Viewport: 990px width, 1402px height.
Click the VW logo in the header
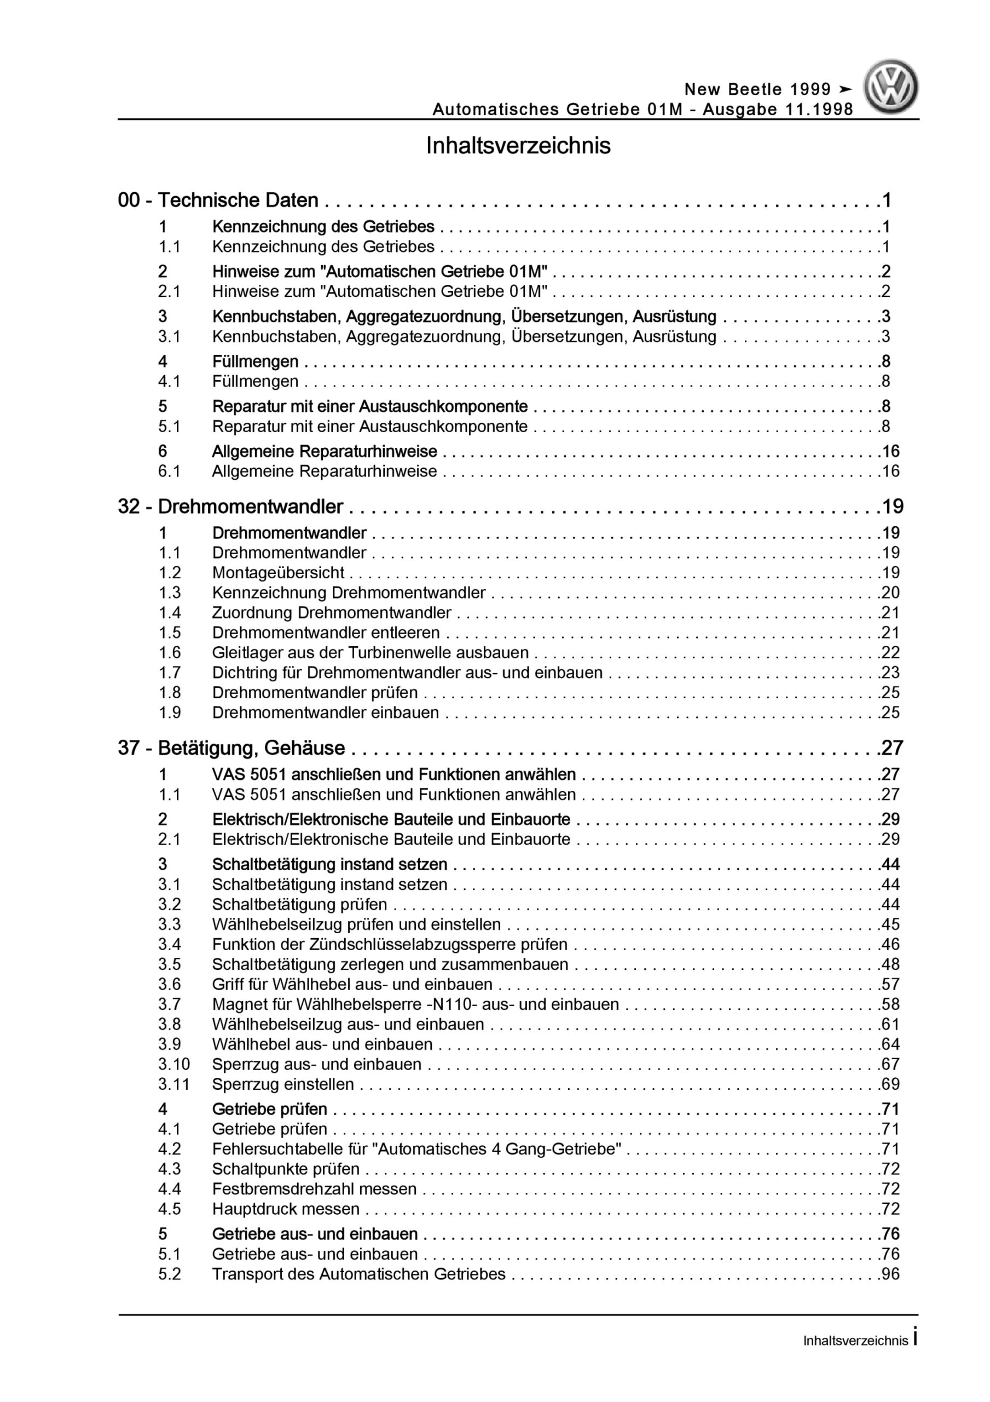pyautogui.click(x=890, y=87)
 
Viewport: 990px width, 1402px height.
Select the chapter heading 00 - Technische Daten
pyautogui.click(x=218, y=200)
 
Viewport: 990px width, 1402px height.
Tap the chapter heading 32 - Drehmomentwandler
pyautogui.click(x=230, y=506)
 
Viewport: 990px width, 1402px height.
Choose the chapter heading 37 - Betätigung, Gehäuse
pyautogui.click(x=231, y=748)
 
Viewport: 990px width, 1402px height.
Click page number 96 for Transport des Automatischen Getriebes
pyautogui.click(x=890, y=1274)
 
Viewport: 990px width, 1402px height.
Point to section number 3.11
pyautogui.click(x=174, y=1084)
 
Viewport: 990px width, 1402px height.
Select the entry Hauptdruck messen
pyautogui.click(x=286, y=1209)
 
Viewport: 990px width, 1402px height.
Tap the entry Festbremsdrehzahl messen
pyautogui.click(x=314, y=1188)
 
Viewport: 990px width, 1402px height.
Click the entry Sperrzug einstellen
pyautogui.click(x=282, y=1084)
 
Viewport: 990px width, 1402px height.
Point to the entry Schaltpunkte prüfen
pyautogui.click(x=286, y=1169)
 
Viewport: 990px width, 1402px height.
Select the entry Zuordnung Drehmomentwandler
pyautogui.click(x=332, y=612)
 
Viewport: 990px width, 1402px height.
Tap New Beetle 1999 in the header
pyautogui.click(x=757, y=90)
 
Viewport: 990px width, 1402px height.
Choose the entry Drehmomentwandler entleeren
pyautogui.click(x=326, y=632)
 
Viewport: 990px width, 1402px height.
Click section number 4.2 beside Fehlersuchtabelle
pyautogui.click(x=170, y=1148)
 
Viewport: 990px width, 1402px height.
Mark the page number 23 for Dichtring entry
pyautogui.click(x=890, y=673)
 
